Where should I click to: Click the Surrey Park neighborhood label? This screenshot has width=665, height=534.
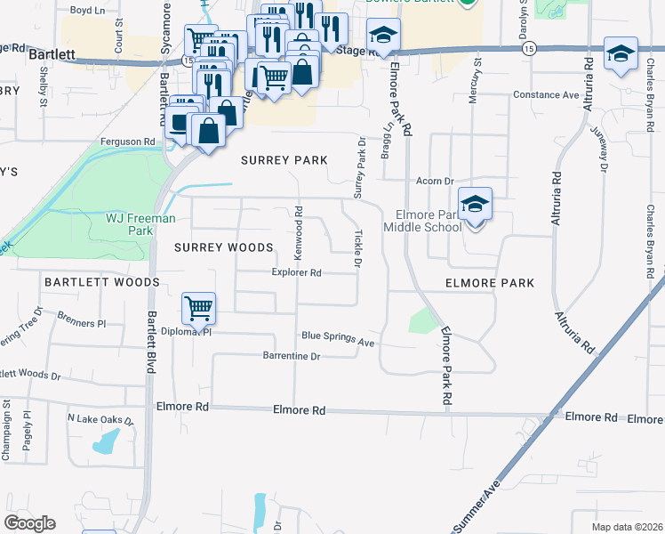[x=284, y=160]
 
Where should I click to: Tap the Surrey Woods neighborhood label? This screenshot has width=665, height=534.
[x=223, y=247]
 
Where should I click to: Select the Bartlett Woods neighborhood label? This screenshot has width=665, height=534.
[x=101, y=282]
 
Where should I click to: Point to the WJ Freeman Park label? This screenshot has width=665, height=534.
[x=141, y=223]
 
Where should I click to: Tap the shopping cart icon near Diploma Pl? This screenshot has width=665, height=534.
[x=199, y=309]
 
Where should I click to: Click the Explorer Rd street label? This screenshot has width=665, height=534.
[x=296, y=273]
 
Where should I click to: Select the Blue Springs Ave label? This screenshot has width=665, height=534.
[x=338, y=337]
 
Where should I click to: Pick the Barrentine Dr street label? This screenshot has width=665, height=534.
[x=291, y=356]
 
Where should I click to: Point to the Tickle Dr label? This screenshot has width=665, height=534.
[x=358, y=249]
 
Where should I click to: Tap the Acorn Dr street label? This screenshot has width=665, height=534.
[x=436, y=181]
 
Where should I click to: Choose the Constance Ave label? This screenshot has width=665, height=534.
[x=546, y=95]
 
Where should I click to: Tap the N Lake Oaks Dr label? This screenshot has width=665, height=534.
[x=100, y=419]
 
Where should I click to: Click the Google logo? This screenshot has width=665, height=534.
[x=29, y=523]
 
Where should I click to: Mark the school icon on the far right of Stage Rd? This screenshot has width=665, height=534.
[x=620, y=53]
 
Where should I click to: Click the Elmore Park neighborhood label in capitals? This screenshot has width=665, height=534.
[x=489, y=283]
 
